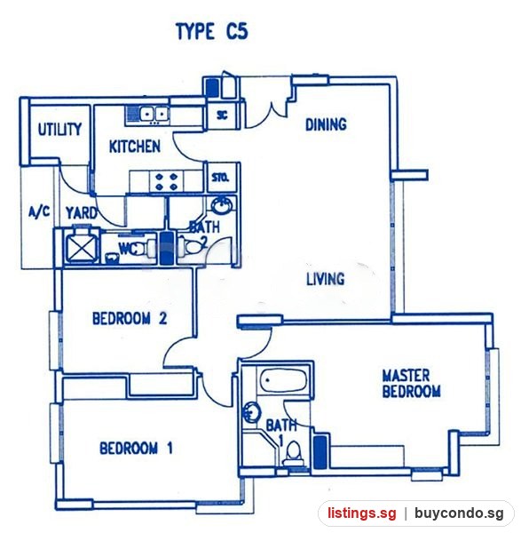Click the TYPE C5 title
point(212,32)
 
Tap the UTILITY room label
point(59,130)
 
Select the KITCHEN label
point(135,147)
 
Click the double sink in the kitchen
point(154,114)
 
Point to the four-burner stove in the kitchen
point(166,181)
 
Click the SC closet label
point(222,115)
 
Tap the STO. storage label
point(220,178)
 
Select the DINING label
point(326,124)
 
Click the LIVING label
point(326,279)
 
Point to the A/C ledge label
point(39,212)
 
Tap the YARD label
point(82,213)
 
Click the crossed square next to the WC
point(82,246)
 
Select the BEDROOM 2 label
point(130,319)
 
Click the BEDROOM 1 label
point(136,448)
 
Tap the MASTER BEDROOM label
point(411,384)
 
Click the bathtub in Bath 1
point(284,380)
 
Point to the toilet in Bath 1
point(293,455)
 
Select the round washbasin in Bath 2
point(223,205)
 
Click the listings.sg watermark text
point(362,513)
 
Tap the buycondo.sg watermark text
point(459,513)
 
